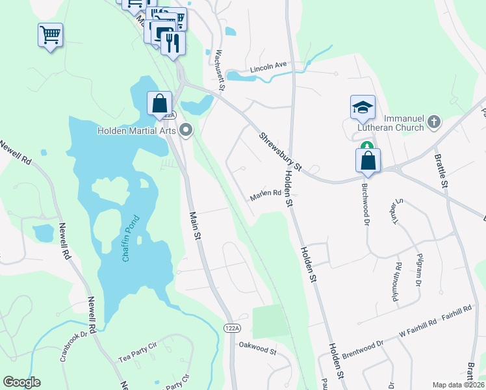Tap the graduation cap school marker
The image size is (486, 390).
pyautogui.click(x=363, y=107)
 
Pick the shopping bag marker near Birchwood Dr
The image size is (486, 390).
pyautogui.click(x=368, y=160)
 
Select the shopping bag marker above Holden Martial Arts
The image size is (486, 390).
pyautogui.click(x=159, y=104)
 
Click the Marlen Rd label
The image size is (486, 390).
pyautogui.click(x=265, y=193)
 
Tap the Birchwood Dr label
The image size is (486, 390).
pyautogui.click(x=364, y=203)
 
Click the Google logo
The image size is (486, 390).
pyautogui.click(x=21, y=382)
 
